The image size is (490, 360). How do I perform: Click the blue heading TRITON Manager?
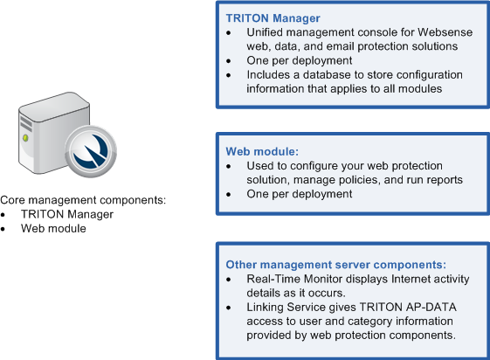tap(273, 18)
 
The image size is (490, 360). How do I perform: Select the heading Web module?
tap(262, 151)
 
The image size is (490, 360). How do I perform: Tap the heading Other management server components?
tap(336, 265)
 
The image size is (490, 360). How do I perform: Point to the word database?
tap(333, 74)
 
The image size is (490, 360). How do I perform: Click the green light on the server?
tap(25, 137)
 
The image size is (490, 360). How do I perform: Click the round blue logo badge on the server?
tap(91, 151)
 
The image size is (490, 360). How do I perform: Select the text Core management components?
tap(83, 200)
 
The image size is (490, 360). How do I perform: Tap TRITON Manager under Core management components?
tap(67, 214)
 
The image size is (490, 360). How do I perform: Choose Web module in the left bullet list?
tap(53, 228)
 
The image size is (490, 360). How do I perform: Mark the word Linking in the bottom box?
tap(266, 308)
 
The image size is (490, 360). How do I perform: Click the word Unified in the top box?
tap(265, 32)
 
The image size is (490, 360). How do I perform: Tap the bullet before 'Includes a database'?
tap(229, 75)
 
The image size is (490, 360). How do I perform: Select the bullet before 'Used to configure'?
tap(229, 166)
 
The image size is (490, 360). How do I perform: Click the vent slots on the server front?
tap(26, 123)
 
